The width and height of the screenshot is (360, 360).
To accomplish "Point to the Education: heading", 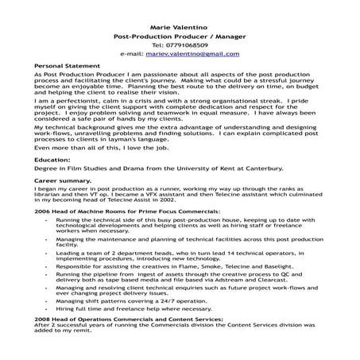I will (52, 160).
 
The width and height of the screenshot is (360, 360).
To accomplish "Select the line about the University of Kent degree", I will (148, 169).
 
